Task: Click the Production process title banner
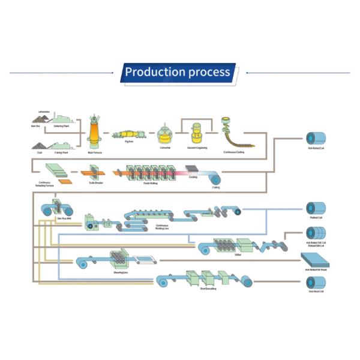click(x=178, y=72)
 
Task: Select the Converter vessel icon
click(x=165, y=134)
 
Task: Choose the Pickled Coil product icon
click(x=316, y=208)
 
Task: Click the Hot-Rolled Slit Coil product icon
click(x=316, y=233)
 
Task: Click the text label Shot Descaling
click(x=207, y=289)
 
